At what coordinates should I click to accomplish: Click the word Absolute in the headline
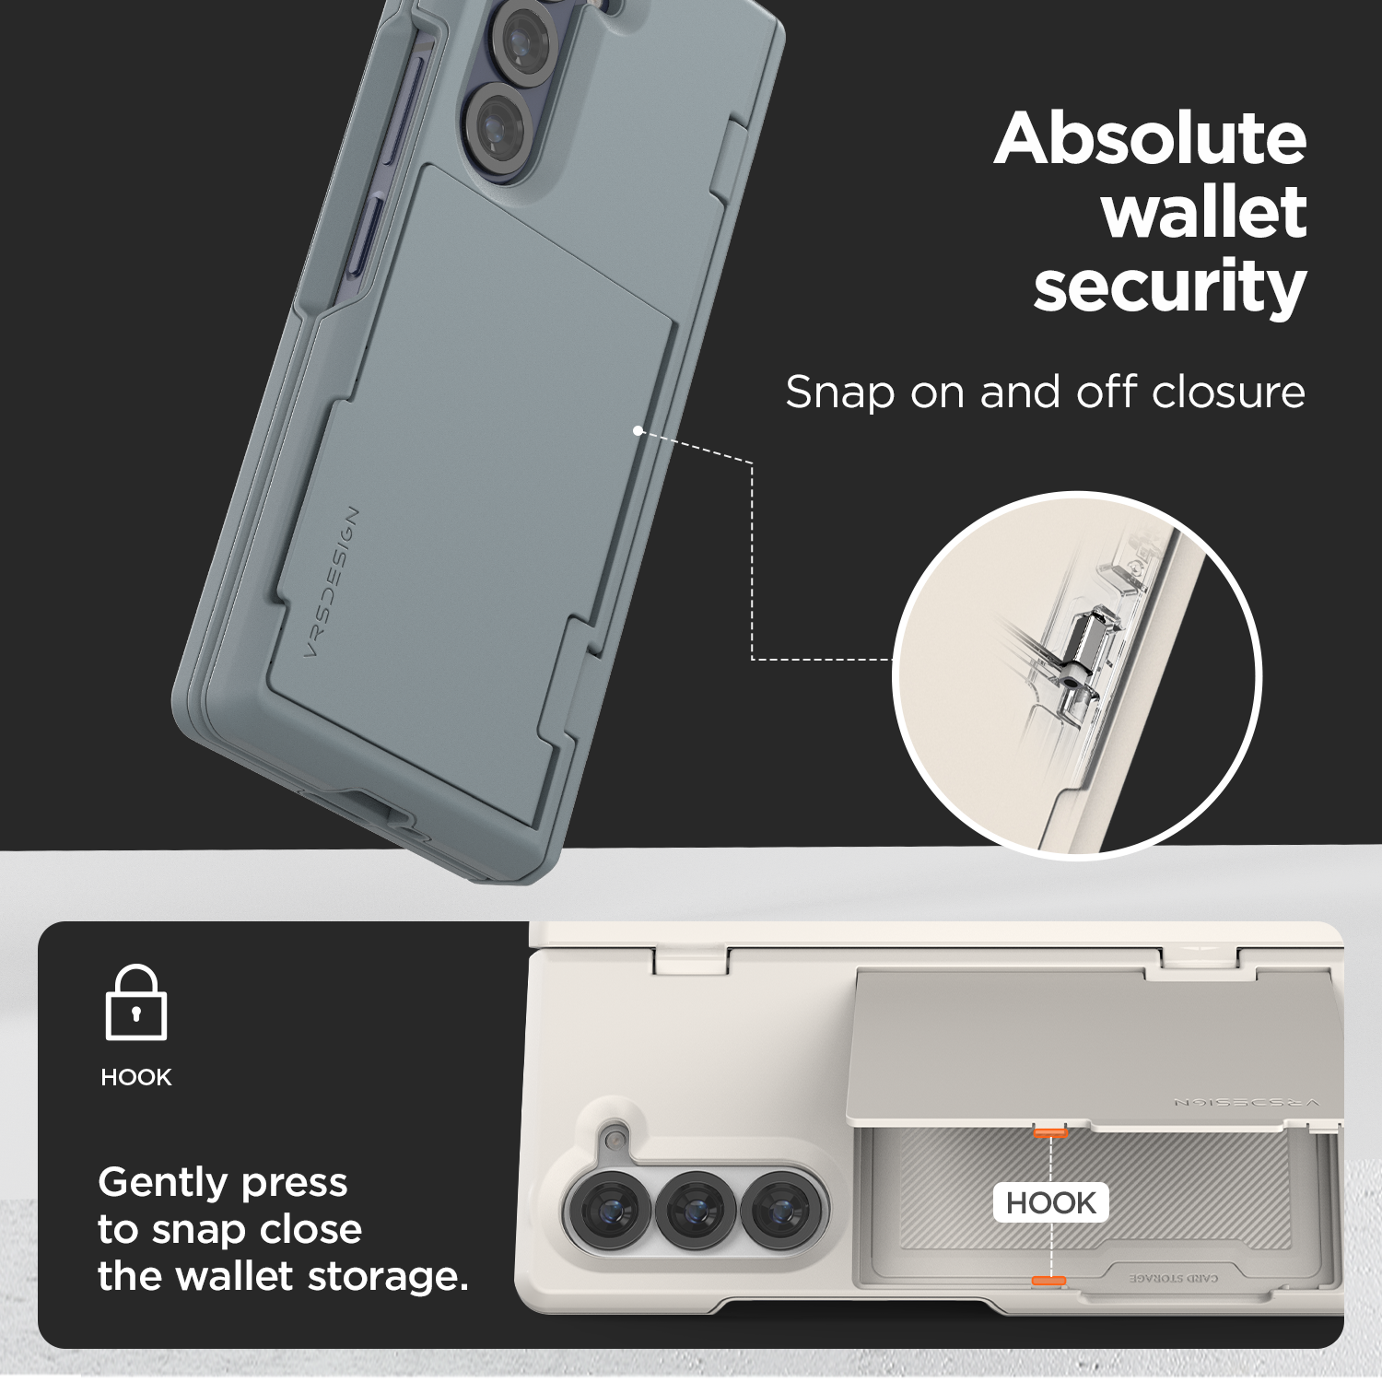pyautogui.click(x=1150, y=139)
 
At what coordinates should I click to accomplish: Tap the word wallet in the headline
pyautogui.click(x=1203, y=213)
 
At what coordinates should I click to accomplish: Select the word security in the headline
pyautogui.click(x=1169, y=287)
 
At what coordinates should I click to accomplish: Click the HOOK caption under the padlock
pyautogui.click(x=135, y=1077)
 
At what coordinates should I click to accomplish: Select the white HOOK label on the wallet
pyautogui.click(x=1050, y=1202)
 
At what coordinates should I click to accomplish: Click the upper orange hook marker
pyautogui.click(x=1050, y=1131)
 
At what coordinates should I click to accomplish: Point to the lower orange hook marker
pyautogui.click(x=1048, y=1281)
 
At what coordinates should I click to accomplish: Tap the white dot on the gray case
pyautogui.click(x=638, y=430)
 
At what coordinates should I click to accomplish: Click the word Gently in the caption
pyautogui.click(x=162, y=1182)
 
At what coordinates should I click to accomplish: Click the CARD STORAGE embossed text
pyautogui.click(x=1173, y=1279)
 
